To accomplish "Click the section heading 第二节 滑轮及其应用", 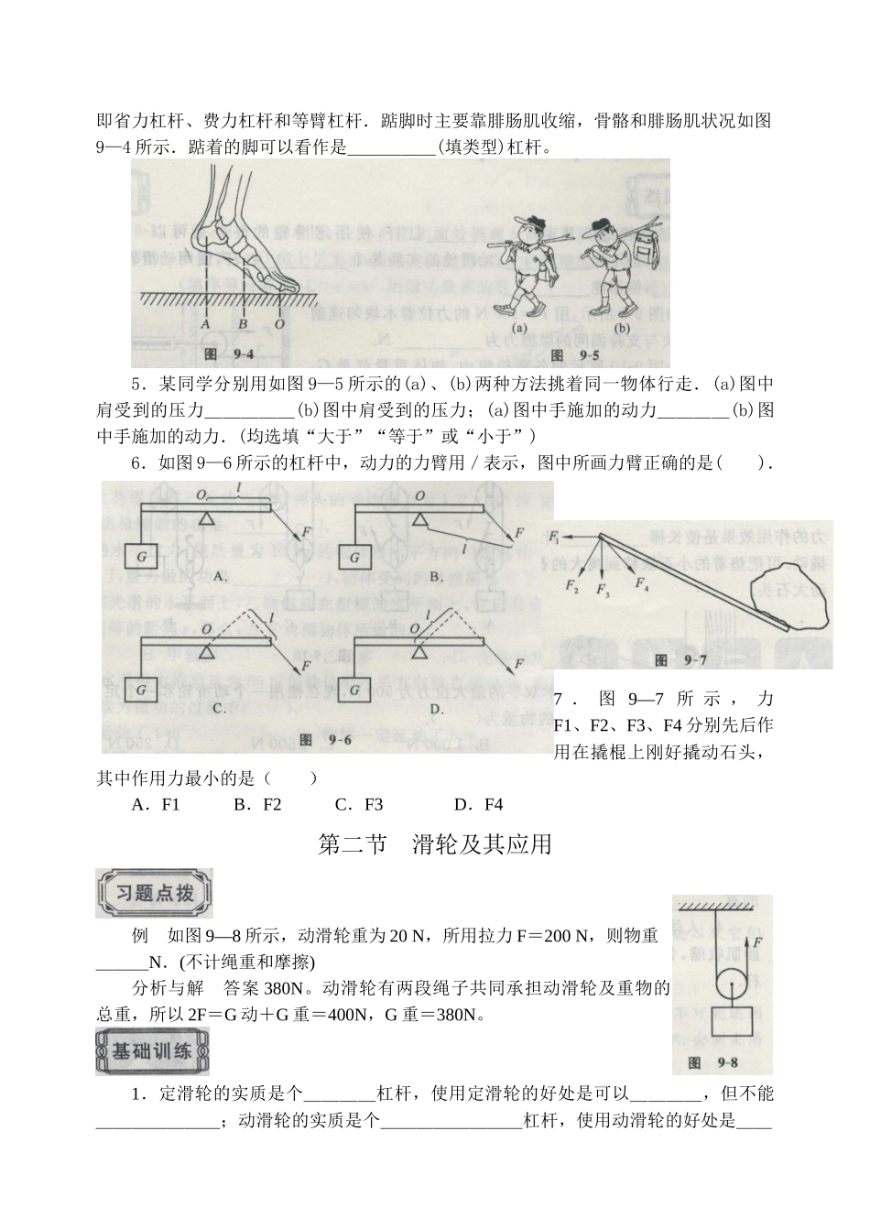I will (x=434, y=844).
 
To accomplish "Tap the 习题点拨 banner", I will (x=154, y=893).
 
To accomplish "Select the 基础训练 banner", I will (x=152, y=1050).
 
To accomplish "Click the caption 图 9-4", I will (x=223, y=353).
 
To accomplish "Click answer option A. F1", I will (x=156, y=805).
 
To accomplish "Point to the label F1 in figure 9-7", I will (x=556, y=534).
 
